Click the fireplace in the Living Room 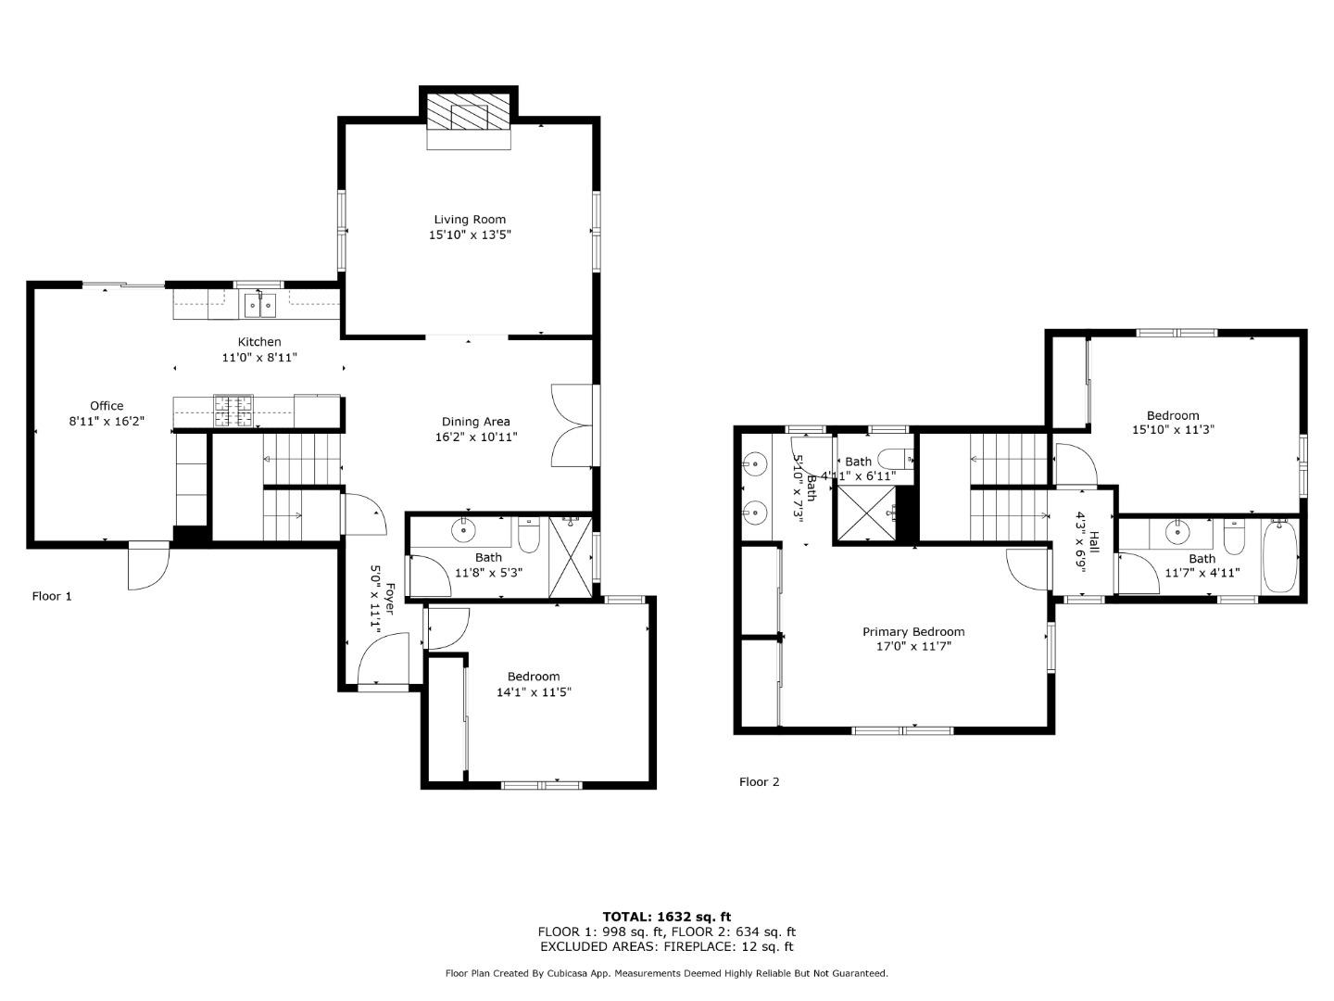(469, 118)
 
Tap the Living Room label (470, 220)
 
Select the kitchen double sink (259, 303)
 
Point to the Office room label (107, 406)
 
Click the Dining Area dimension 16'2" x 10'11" (476, 437)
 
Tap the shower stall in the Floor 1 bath (570, 557)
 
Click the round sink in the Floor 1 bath (462, 531)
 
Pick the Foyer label (390, 599)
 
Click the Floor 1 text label (52, 596)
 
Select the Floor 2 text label (759, 781)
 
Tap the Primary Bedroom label (913, 632)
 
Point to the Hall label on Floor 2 (1094, 542)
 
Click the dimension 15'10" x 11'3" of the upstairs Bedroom (1173, 430)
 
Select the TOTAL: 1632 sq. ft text (666, 917)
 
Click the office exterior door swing (148, 566)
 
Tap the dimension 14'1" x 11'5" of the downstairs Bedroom (534, 692)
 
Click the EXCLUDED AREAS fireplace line (666, 946)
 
